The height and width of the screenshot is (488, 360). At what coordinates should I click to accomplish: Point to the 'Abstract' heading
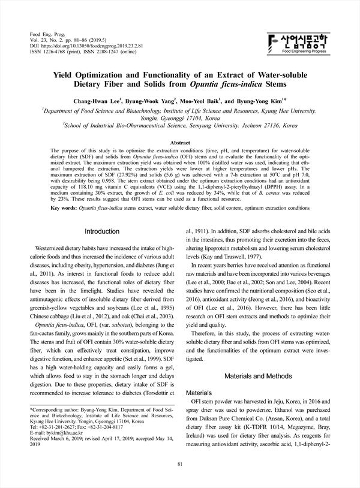(x=181, y=142)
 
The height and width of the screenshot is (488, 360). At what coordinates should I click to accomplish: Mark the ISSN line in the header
(x=84, y=52)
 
